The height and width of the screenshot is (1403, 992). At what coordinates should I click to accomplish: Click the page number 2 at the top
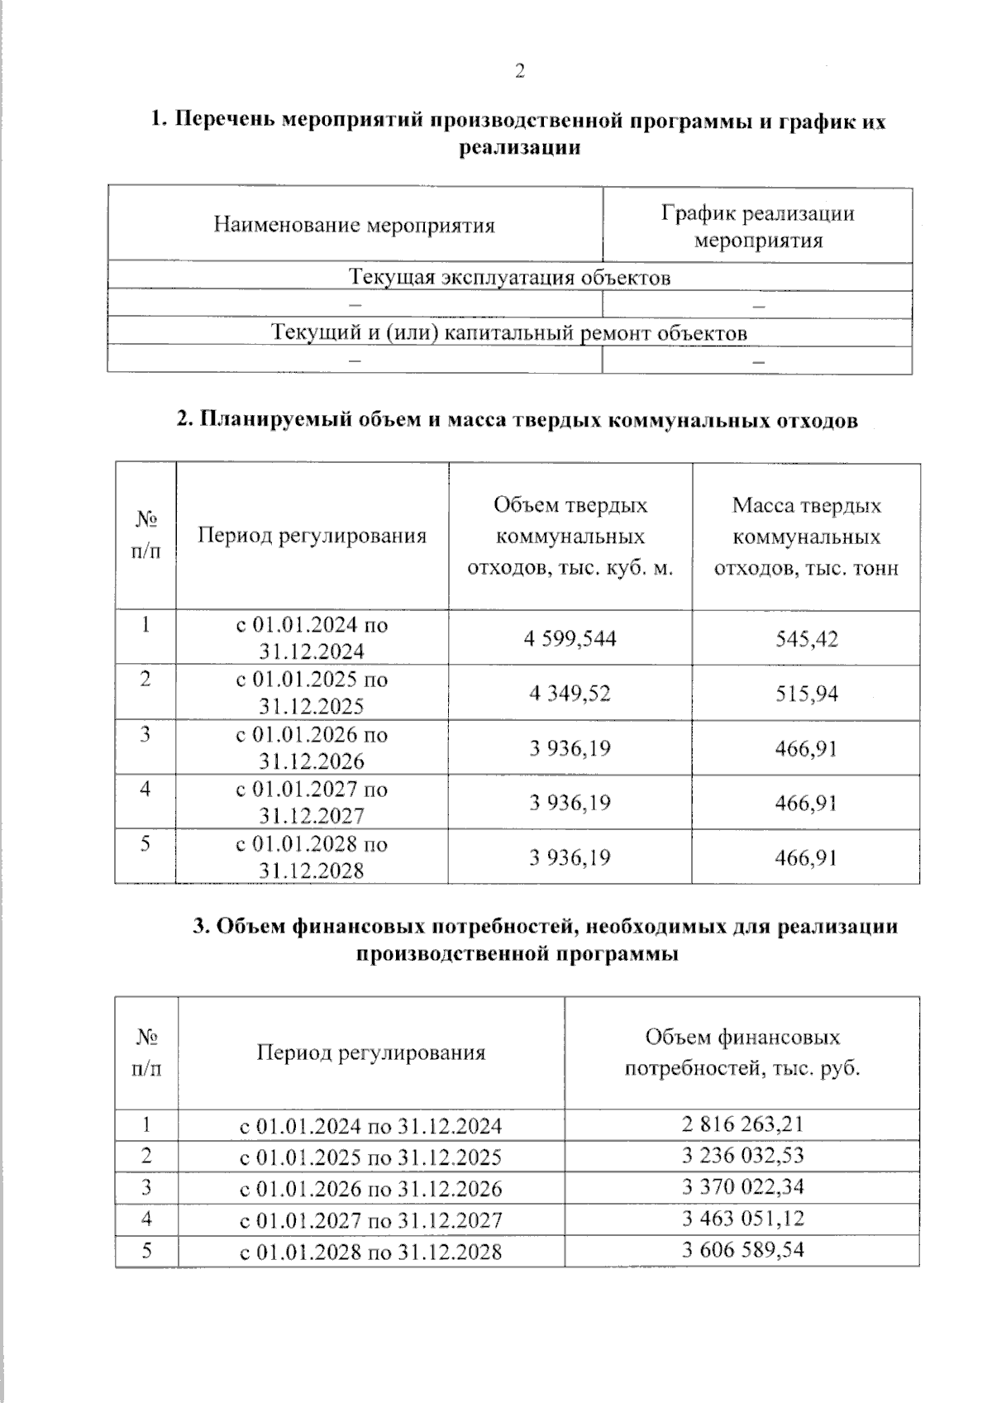click(x=519, y=72)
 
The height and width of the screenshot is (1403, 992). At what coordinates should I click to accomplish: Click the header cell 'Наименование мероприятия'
click(x=354, y=226)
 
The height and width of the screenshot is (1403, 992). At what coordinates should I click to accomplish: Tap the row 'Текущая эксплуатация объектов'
click(x=509, y=277)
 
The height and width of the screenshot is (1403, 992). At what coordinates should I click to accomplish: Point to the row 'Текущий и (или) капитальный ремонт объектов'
click(x=509, y=333)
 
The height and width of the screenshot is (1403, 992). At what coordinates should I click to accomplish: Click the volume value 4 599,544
click(x=570, y=639)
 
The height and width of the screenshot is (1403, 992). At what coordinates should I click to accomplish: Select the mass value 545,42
click(x=806, y=639)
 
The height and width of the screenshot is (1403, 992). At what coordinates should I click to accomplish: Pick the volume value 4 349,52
click(x=570, y=694)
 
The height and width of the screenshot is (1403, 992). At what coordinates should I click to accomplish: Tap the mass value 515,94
click(x=806, y=694)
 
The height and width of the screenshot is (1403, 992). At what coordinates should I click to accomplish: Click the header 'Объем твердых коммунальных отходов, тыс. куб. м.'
click(x=570, y=537)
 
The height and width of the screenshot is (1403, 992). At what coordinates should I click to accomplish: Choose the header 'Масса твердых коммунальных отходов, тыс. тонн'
click(x=806, y=537)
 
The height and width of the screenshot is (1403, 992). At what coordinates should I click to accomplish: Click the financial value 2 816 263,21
click(x=742, y=1124)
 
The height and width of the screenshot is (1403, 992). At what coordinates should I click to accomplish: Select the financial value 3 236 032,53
click(x=742, y=1156)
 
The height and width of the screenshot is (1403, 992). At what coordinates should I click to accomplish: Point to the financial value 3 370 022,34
click(x=742, y=1187)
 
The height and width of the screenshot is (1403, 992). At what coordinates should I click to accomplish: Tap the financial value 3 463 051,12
click(x=742, y=1219)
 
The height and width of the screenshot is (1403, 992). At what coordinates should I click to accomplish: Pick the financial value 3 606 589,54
click(x=742, y=1250)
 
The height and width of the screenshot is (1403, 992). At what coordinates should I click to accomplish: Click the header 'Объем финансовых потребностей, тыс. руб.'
click(x=742, y=1052)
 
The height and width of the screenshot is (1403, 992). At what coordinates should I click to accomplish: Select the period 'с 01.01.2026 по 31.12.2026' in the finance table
click(x=370, y=1189)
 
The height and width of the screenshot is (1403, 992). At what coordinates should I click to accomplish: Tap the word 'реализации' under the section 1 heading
click(x=519, y=149)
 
